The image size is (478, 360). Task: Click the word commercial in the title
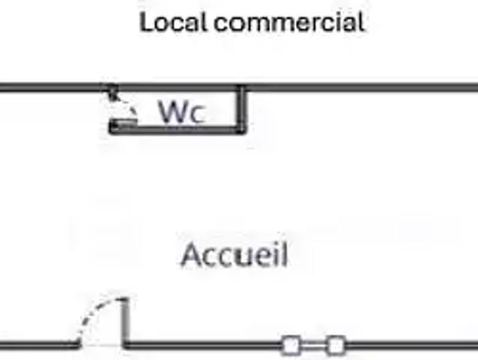click(x=289, y=22)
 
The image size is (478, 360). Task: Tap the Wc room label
click(x=181, y=112)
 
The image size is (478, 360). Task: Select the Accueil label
click(x=235, y=255)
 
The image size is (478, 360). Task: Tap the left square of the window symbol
click(x=291, y=346)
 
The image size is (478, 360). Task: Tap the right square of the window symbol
click(x=336, y=346)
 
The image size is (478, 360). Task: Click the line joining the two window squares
click(x=313, y=346)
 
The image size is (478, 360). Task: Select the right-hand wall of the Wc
click(x=242, y=109)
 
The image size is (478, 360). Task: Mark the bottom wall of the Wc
click(x=180, y=130)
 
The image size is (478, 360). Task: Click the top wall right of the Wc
click(x=360, y=88)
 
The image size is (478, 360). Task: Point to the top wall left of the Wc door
click(x=52, y=88)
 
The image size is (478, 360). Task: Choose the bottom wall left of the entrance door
click(x=37, y=346)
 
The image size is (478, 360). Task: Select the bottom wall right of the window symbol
click(x=412, y=346)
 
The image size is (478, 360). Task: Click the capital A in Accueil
click(x=192, y=256)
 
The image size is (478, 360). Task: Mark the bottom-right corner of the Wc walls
click(x=241, y=130)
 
